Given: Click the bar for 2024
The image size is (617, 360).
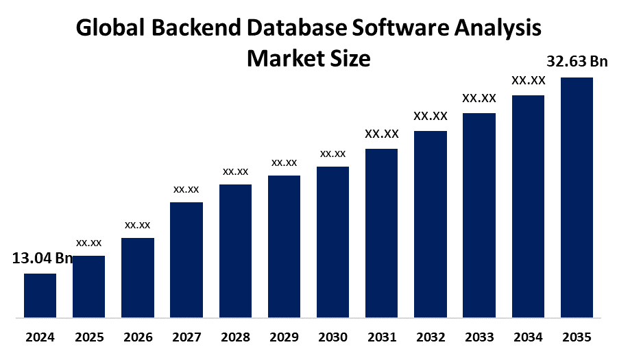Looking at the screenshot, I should click(x=40, y=296).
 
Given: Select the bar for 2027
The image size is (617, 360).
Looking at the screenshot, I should click(x=186, y=260).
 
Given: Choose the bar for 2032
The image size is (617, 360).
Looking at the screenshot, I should click(x=431, y=224).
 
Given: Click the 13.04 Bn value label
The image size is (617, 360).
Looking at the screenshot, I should click(x=42, y=258).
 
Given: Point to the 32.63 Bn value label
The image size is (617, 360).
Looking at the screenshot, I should click(x=577, y=62).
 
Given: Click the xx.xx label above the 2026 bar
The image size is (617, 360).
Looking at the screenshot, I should click(x=137, y=224).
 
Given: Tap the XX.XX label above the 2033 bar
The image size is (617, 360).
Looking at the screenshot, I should click(x=479, y=98).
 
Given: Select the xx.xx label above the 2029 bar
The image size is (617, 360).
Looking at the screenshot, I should click(x=284, y=163).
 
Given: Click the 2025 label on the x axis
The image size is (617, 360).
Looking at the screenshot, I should click(x=88, y=337).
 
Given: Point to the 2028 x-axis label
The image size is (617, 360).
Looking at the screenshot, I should click(x=235, y=337).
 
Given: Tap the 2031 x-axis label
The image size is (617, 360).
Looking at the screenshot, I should click(x=382, y=337).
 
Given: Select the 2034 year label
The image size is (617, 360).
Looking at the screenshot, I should click(x=528, y=337).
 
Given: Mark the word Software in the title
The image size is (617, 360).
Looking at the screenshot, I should click(x=398, y=29).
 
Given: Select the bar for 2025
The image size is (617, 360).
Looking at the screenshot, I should click(x=88, y=287).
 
